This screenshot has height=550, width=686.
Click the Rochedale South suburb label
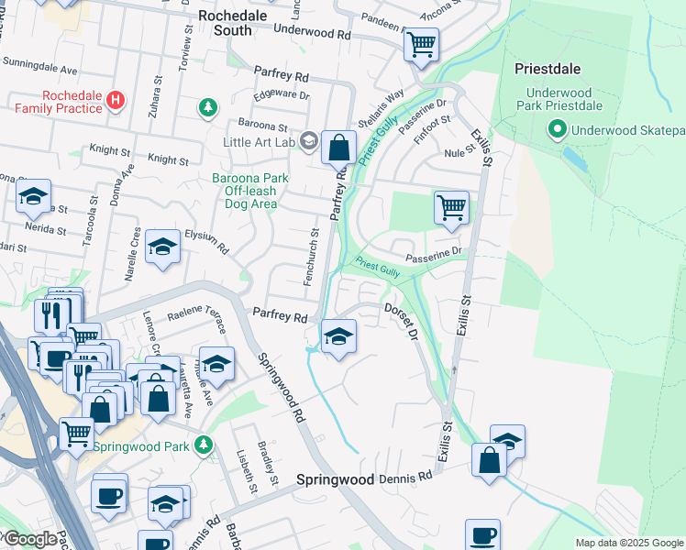coord(226,23)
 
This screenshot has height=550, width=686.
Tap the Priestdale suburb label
coord(548,69)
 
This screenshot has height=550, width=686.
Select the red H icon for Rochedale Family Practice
coord(116,100)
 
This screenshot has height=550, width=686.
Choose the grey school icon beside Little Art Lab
coord(309,141)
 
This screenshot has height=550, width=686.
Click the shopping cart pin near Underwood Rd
coord(421,43)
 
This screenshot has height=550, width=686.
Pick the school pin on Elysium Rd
coord(162,246)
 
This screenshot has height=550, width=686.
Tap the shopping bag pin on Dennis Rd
coord(490,459)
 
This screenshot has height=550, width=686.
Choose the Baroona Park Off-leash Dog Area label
coord(250,191)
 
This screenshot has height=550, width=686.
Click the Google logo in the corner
coord(30,539)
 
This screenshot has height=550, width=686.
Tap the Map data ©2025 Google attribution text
coord(627,543)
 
